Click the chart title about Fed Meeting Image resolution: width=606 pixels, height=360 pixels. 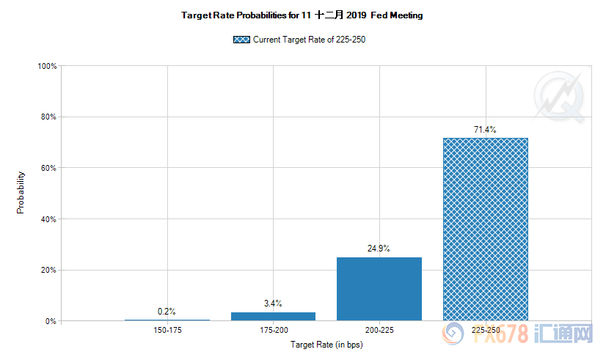point(302,15)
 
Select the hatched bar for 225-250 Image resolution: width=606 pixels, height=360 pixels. point(485,229)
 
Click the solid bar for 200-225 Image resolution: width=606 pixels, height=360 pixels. point(379,289)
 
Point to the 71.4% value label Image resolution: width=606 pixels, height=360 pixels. point(485,130)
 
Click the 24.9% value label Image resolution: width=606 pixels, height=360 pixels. point(379,249)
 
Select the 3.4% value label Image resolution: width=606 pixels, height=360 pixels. point(273,304)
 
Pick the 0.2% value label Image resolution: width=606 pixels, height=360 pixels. point(167,312)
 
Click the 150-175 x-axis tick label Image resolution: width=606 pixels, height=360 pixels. point(167,331)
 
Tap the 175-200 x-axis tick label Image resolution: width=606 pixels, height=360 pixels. point(273,331)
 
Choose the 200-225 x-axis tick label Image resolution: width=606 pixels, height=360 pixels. point(379,331)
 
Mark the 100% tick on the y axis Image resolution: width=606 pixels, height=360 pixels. point(48,66)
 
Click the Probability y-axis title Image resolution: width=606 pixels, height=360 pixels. point(21,193)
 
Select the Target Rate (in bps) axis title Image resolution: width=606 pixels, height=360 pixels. point(326,344)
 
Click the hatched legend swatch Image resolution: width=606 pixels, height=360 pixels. point(241,40)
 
